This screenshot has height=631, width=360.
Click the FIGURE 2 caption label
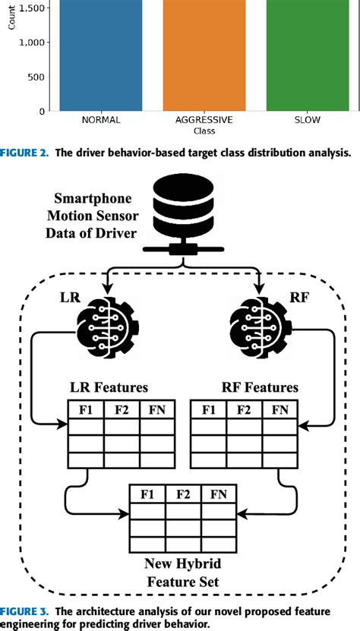coord(27,150)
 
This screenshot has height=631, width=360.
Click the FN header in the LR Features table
coord(157,410)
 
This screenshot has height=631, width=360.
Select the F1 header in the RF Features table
coord(208,410)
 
